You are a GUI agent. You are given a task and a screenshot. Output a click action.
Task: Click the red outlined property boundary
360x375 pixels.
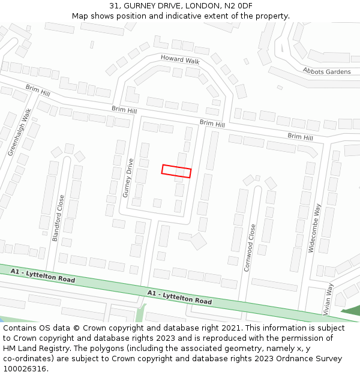coord(176,171)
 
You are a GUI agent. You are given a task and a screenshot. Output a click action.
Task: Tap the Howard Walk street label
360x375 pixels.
coord(179,59)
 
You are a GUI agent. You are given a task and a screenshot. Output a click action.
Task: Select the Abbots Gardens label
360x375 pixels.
coord(326,71)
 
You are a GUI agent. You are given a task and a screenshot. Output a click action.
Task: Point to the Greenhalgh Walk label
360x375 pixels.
coord(19,133)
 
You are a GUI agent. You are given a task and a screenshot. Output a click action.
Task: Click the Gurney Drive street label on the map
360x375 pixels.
coord(127,178)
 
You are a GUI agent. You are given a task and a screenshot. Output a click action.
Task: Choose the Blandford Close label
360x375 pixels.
coord(59,218)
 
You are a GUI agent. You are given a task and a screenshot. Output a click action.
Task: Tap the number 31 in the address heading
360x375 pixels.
coord(115,6)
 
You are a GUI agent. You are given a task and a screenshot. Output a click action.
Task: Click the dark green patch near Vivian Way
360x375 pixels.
coord(352,310)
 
